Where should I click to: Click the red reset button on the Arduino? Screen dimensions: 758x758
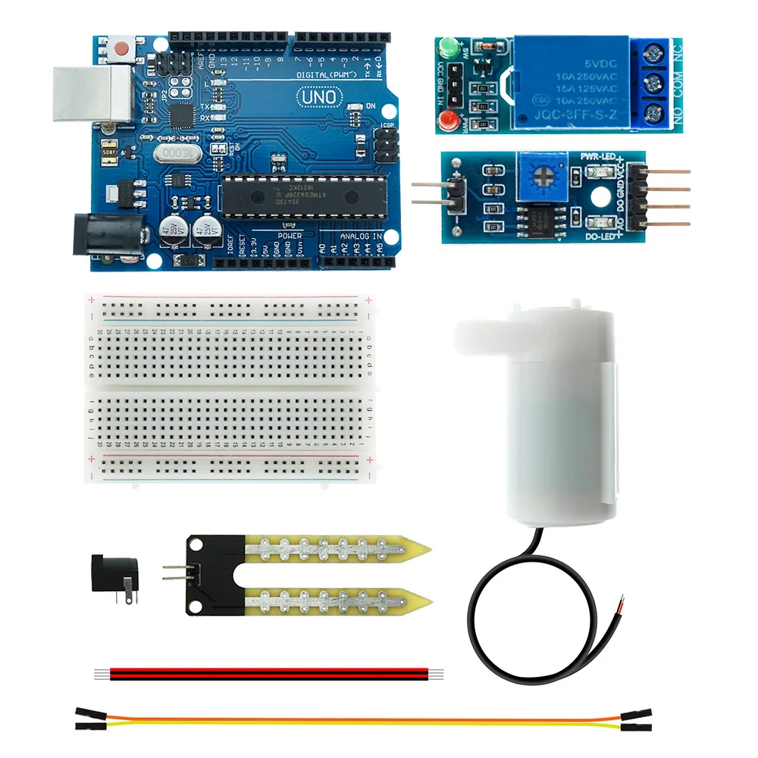tap(121, 50)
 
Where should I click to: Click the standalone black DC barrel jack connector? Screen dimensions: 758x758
tap(113, 575)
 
